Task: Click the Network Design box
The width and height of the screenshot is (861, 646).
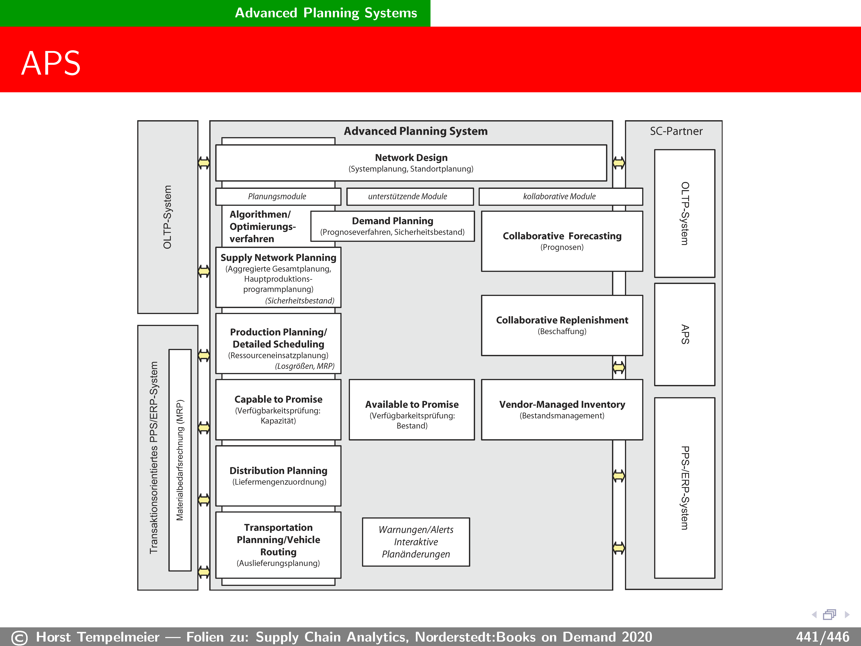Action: pos(411,163)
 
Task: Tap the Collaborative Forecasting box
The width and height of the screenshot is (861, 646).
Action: pos(562,241)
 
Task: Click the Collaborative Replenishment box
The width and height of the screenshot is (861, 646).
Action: pos(562,325)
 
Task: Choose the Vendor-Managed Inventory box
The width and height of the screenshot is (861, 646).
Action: pos(562,410)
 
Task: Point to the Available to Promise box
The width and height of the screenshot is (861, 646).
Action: pos(412,410)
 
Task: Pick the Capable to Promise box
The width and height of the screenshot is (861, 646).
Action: pos(278,410)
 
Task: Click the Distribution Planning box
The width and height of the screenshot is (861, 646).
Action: pos(278,476)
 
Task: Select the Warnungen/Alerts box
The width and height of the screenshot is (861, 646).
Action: pos(416,542)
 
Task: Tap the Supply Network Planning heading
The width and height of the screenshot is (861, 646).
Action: pos(278,258)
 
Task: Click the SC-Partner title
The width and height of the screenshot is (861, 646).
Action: pos(676,131)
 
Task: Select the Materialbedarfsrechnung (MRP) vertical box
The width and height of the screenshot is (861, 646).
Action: pos(180,460)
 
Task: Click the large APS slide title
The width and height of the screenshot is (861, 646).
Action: pos(51,63)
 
